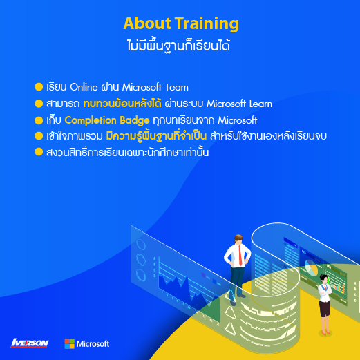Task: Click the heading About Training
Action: click(181, 23)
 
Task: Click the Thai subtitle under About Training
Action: click(179, 46)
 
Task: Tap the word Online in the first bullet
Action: click(84, 87)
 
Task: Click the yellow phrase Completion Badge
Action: click(107, 120)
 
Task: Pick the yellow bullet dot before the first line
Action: click(39, 87)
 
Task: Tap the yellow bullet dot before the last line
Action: click(39, 152)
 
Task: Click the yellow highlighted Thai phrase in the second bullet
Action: click(122, 104)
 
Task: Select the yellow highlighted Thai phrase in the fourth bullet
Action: click(156, 136)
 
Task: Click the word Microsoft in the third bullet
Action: click(238, 120)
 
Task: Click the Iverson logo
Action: click(30, 343)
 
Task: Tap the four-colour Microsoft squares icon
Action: click(69, 343)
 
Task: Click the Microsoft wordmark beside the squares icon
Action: click(93, 344)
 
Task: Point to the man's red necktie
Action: click(240, 255)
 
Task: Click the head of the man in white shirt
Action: click(238, 240)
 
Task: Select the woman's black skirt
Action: click(325, 308)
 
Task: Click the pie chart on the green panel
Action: click(311, 267)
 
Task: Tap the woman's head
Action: click(324, 279)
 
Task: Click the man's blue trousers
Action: click(237, 282)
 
